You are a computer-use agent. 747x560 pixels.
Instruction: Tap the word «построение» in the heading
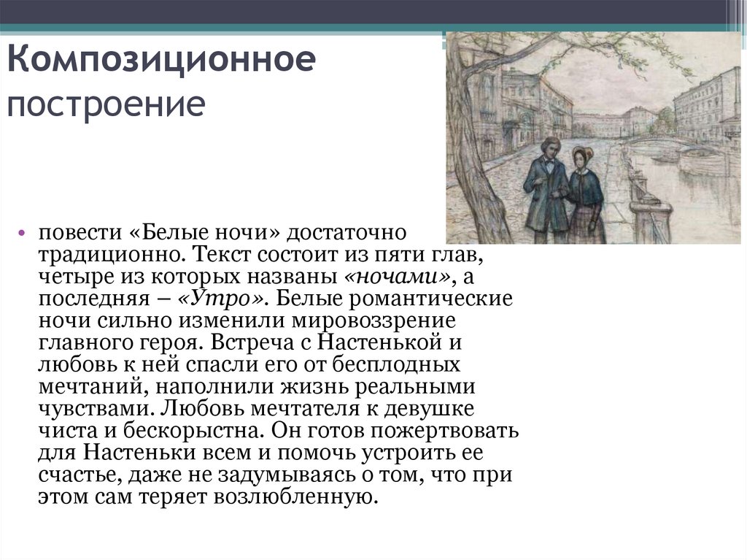[x=106, y=104]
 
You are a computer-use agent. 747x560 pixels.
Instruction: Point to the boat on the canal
[x=665, y=158]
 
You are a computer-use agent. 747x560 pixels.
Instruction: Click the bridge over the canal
[x=657, y=139]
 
